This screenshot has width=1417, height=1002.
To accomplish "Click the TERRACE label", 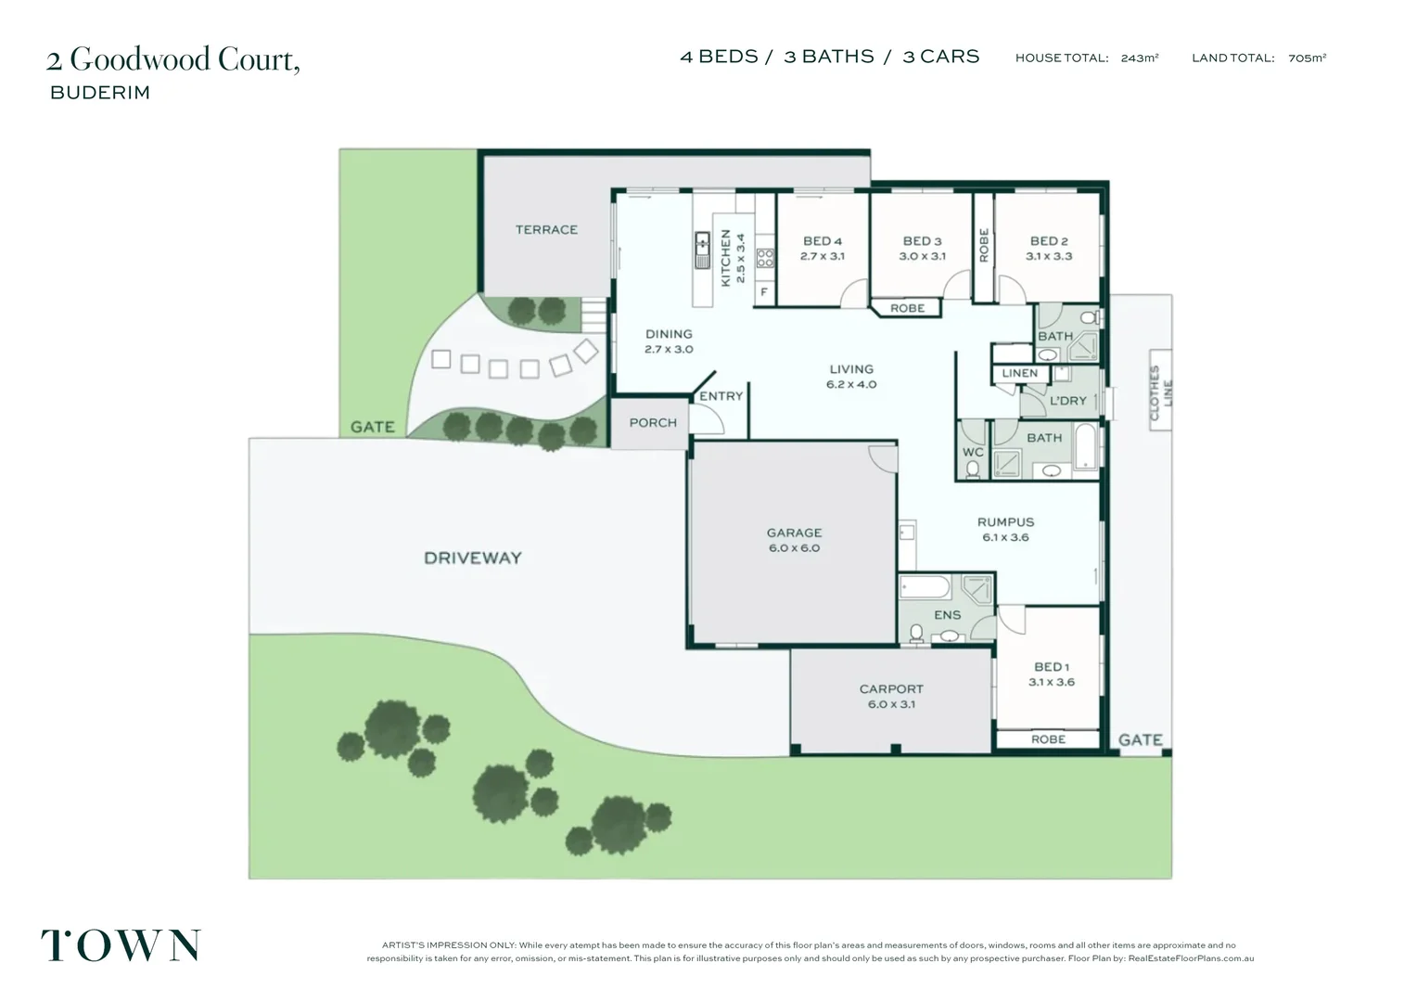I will [546, 229].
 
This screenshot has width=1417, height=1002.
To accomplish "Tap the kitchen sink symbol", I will [703, 250].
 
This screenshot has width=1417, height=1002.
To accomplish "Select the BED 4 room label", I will [823, 241].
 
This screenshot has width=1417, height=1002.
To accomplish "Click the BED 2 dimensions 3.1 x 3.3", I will [1049, 256].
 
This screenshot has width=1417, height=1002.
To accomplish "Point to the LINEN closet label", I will [1020, 373].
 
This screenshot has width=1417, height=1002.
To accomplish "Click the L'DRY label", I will [1067, 401].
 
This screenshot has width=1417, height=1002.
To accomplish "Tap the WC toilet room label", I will [972, 453].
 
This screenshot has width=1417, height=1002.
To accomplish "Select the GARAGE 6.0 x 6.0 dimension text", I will [794, 548].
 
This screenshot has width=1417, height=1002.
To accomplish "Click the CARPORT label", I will [891, 688].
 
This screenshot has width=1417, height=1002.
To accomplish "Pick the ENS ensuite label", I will [947, 615].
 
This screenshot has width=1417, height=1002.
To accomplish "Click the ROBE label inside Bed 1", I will [1048, 739].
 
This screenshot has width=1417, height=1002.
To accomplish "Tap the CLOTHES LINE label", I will [1160, 392].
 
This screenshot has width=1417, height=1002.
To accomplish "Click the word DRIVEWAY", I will [473, 558].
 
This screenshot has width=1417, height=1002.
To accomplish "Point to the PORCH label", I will [653, 422].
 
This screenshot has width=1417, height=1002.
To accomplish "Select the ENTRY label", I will [721, 396].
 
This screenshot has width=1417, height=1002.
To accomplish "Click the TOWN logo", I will [121, 945].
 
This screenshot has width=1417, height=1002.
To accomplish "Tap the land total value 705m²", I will [1307, 58].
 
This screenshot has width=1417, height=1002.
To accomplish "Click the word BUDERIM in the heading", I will [100, 93].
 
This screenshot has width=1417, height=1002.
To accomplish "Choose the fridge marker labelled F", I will [764, 291].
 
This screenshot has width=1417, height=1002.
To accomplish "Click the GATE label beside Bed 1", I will [1140, 739].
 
